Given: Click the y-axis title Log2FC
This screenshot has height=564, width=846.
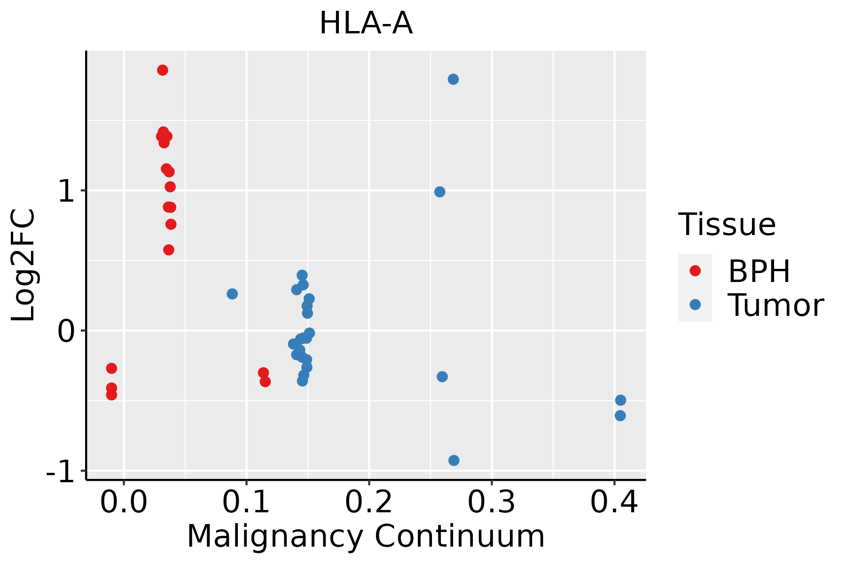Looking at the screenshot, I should tap(23, 265).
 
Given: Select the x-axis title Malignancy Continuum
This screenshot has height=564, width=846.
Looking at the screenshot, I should tap(366, 536).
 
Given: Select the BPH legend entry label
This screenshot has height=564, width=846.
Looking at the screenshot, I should tap(759, 271).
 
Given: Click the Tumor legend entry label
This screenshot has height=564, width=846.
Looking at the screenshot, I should tap(775, 305).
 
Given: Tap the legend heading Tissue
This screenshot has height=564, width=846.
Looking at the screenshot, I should tap(727, 225).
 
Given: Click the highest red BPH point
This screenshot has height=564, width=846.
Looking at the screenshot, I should tap(163, 70).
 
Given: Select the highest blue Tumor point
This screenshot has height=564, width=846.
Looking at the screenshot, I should tap(453, 79).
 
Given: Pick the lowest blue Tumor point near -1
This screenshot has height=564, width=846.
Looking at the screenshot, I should tap(454, 460).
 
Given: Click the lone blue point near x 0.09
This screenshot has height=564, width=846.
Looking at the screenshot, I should tap(232, 294).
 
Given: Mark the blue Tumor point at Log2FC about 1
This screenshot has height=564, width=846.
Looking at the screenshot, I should tap(439, 192).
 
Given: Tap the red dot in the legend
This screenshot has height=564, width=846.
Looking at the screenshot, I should tap(695, 271).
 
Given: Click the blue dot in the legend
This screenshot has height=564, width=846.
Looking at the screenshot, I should tap(695, 305).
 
